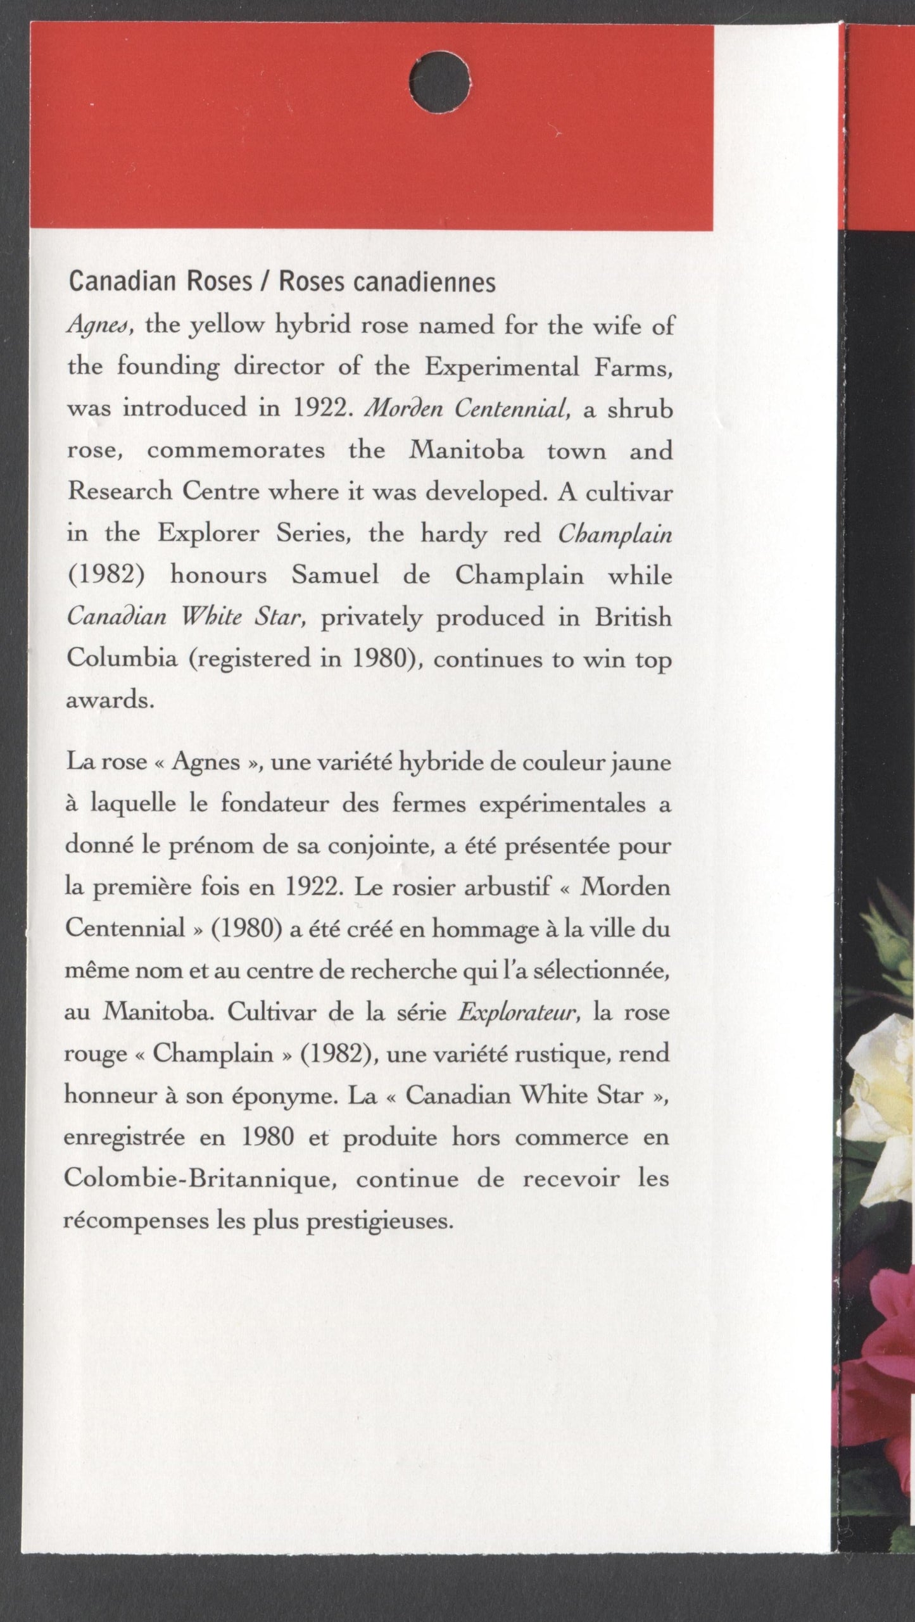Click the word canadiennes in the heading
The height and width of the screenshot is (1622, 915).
click(424, 282)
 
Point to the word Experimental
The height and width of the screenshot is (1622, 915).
click(501, 368)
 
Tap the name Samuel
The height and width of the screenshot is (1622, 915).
click(335, 575)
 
